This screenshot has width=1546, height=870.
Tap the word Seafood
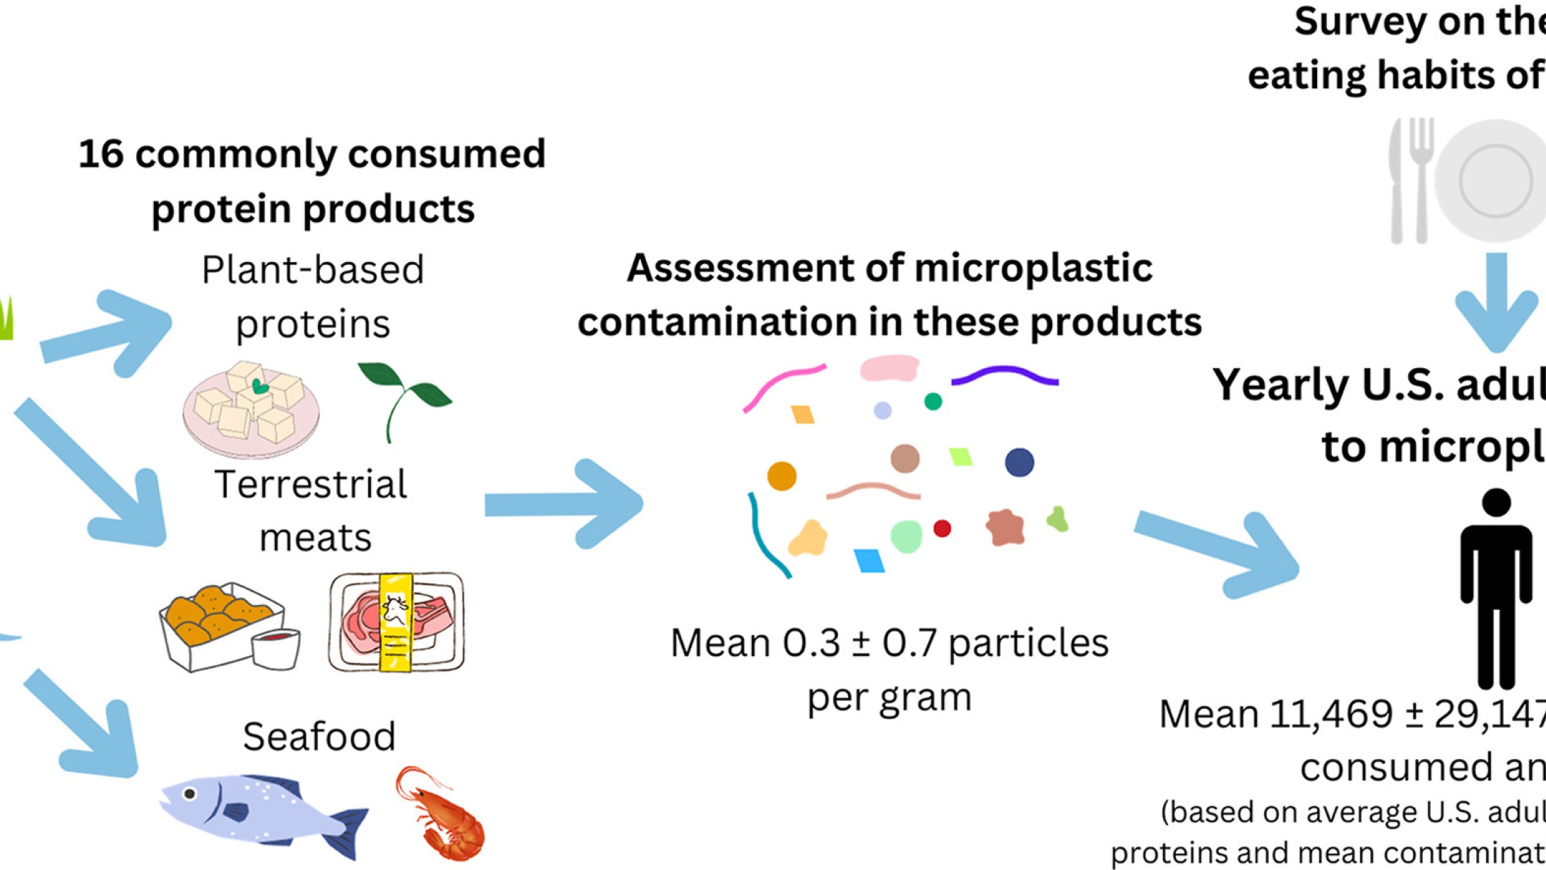[x=319, y=736]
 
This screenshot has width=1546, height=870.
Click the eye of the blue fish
[x=189, y=794]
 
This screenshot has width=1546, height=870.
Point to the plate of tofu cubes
[x=251, y=410]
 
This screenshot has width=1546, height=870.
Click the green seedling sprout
[x=404, y=396]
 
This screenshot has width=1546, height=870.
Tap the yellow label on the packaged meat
[x=396, y=622]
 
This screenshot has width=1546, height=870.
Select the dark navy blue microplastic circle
[x=1019, y=462]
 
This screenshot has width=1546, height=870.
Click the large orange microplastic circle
[x=781, y=476]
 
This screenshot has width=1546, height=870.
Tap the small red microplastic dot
[x=942, y=528]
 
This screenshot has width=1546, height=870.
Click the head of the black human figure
[x=1496, y=502]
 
